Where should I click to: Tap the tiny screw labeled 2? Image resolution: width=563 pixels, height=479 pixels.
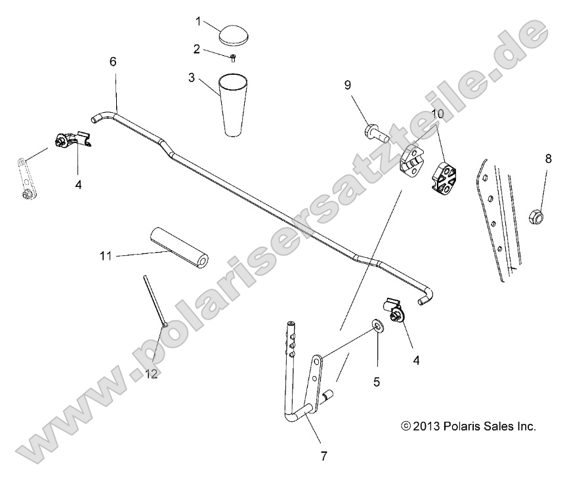coord(233,57)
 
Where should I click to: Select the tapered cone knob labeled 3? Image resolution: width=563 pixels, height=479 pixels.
coord(234,105)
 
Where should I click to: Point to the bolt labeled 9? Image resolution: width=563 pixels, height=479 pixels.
coord(375,134)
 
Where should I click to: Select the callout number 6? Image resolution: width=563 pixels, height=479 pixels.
coord(112,62)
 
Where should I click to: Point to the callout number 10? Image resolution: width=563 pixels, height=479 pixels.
coord(438,114)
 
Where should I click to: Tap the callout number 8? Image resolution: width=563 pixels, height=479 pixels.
coord(548,158)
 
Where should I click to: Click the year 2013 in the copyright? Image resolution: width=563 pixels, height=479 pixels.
coord(427,427)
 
